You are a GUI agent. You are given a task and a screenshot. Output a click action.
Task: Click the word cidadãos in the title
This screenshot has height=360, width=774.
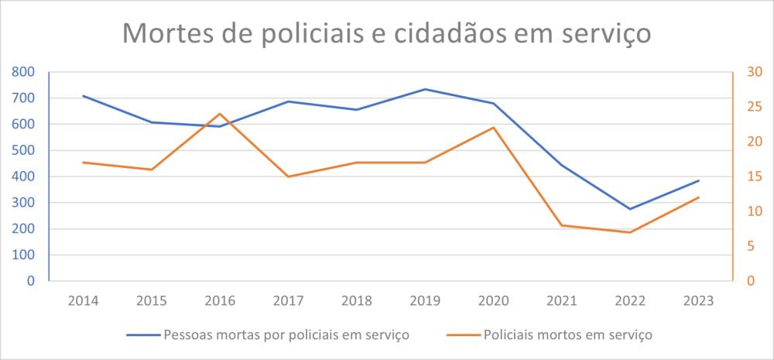point(450,34)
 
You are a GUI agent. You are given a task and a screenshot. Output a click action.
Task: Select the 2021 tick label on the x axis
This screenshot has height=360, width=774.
point(561,300)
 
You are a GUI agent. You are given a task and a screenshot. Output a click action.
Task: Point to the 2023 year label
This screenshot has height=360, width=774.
point(698,300)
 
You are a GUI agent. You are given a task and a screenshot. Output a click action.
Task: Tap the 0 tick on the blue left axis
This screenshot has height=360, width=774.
point(32,281)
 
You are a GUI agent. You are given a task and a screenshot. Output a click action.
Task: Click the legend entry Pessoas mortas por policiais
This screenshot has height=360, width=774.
point(267,335)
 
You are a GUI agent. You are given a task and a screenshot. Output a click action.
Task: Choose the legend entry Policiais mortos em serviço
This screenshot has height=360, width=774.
point(550,335)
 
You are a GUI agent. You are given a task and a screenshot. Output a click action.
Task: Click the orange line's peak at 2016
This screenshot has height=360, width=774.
point(220,114)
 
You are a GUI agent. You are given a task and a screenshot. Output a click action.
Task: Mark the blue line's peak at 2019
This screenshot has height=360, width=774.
point(425,89)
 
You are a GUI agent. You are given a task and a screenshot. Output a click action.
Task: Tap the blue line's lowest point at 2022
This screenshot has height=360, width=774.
point(630,209)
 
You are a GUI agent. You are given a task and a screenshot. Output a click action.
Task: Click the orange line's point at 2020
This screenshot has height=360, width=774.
point(494,128)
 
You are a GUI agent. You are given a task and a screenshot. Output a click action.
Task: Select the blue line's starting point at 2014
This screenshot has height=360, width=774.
point(83,96)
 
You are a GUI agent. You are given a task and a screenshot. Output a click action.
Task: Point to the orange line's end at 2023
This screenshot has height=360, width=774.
point(699,197)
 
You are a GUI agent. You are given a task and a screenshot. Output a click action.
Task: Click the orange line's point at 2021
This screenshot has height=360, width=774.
point(562,225)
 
